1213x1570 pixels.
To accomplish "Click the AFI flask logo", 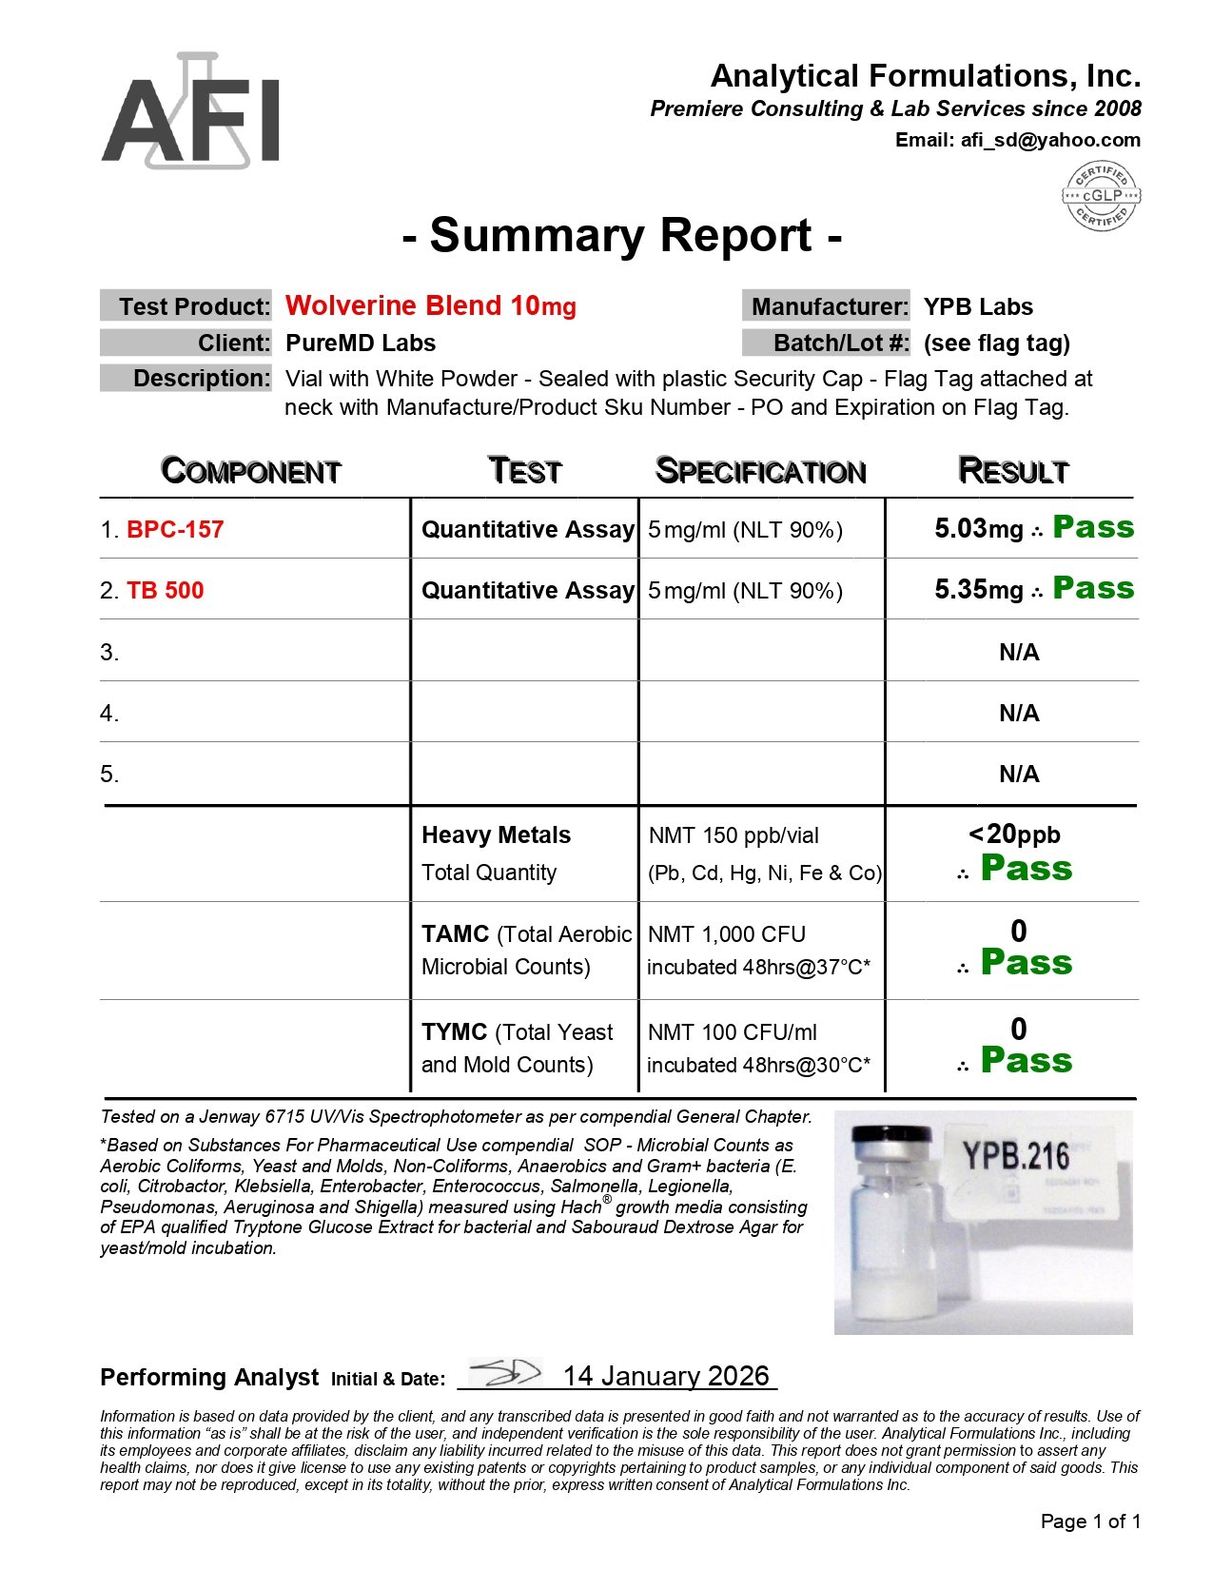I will tap(190, 112).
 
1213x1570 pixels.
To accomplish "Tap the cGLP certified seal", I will tap(1101, 195).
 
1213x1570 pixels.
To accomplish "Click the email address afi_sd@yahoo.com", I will tap(1049, 140).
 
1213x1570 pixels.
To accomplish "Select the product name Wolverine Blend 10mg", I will tap(430, 305).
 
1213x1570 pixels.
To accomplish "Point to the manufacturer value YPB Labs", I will tap(977, 306).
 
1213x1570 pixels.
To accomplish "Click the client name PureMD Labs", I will tap(360, 343).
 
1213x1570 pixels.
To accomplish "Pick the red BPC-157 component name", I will tap(175, 529).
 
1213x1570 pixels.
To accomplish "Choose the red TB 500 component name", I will tap(165, 590).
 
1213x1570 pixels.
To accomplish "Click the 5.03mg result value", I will tap(978, 529).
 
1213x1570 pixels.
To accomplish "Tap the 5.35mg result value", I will tap(978, 590).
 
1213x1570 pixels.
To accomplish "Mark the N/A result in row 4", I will tap(1018, 713).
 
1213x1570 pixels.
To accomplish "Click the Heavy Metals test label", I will tap(496, 834).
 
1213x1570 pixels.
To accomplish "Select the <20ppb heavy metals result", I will tap(1014, 834).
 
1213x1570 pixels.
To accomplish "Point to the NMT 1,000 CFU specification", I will tap(726, 934).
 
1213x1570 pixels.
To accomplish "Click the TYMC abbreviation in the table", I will tap(454, 1032).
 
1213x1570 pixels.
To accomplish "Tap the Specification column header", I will tap(760, 471).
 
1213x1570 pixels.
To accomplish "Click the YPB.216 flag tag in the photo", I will tap(1016, 1156).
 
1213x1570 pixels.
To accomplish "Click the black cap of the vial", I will tap(891, 1137).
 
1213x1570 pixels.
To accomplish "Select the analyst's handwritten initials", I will tap(504, 1373).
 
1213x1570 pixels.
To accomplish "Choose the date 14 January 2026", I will tap(666, 1376).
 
